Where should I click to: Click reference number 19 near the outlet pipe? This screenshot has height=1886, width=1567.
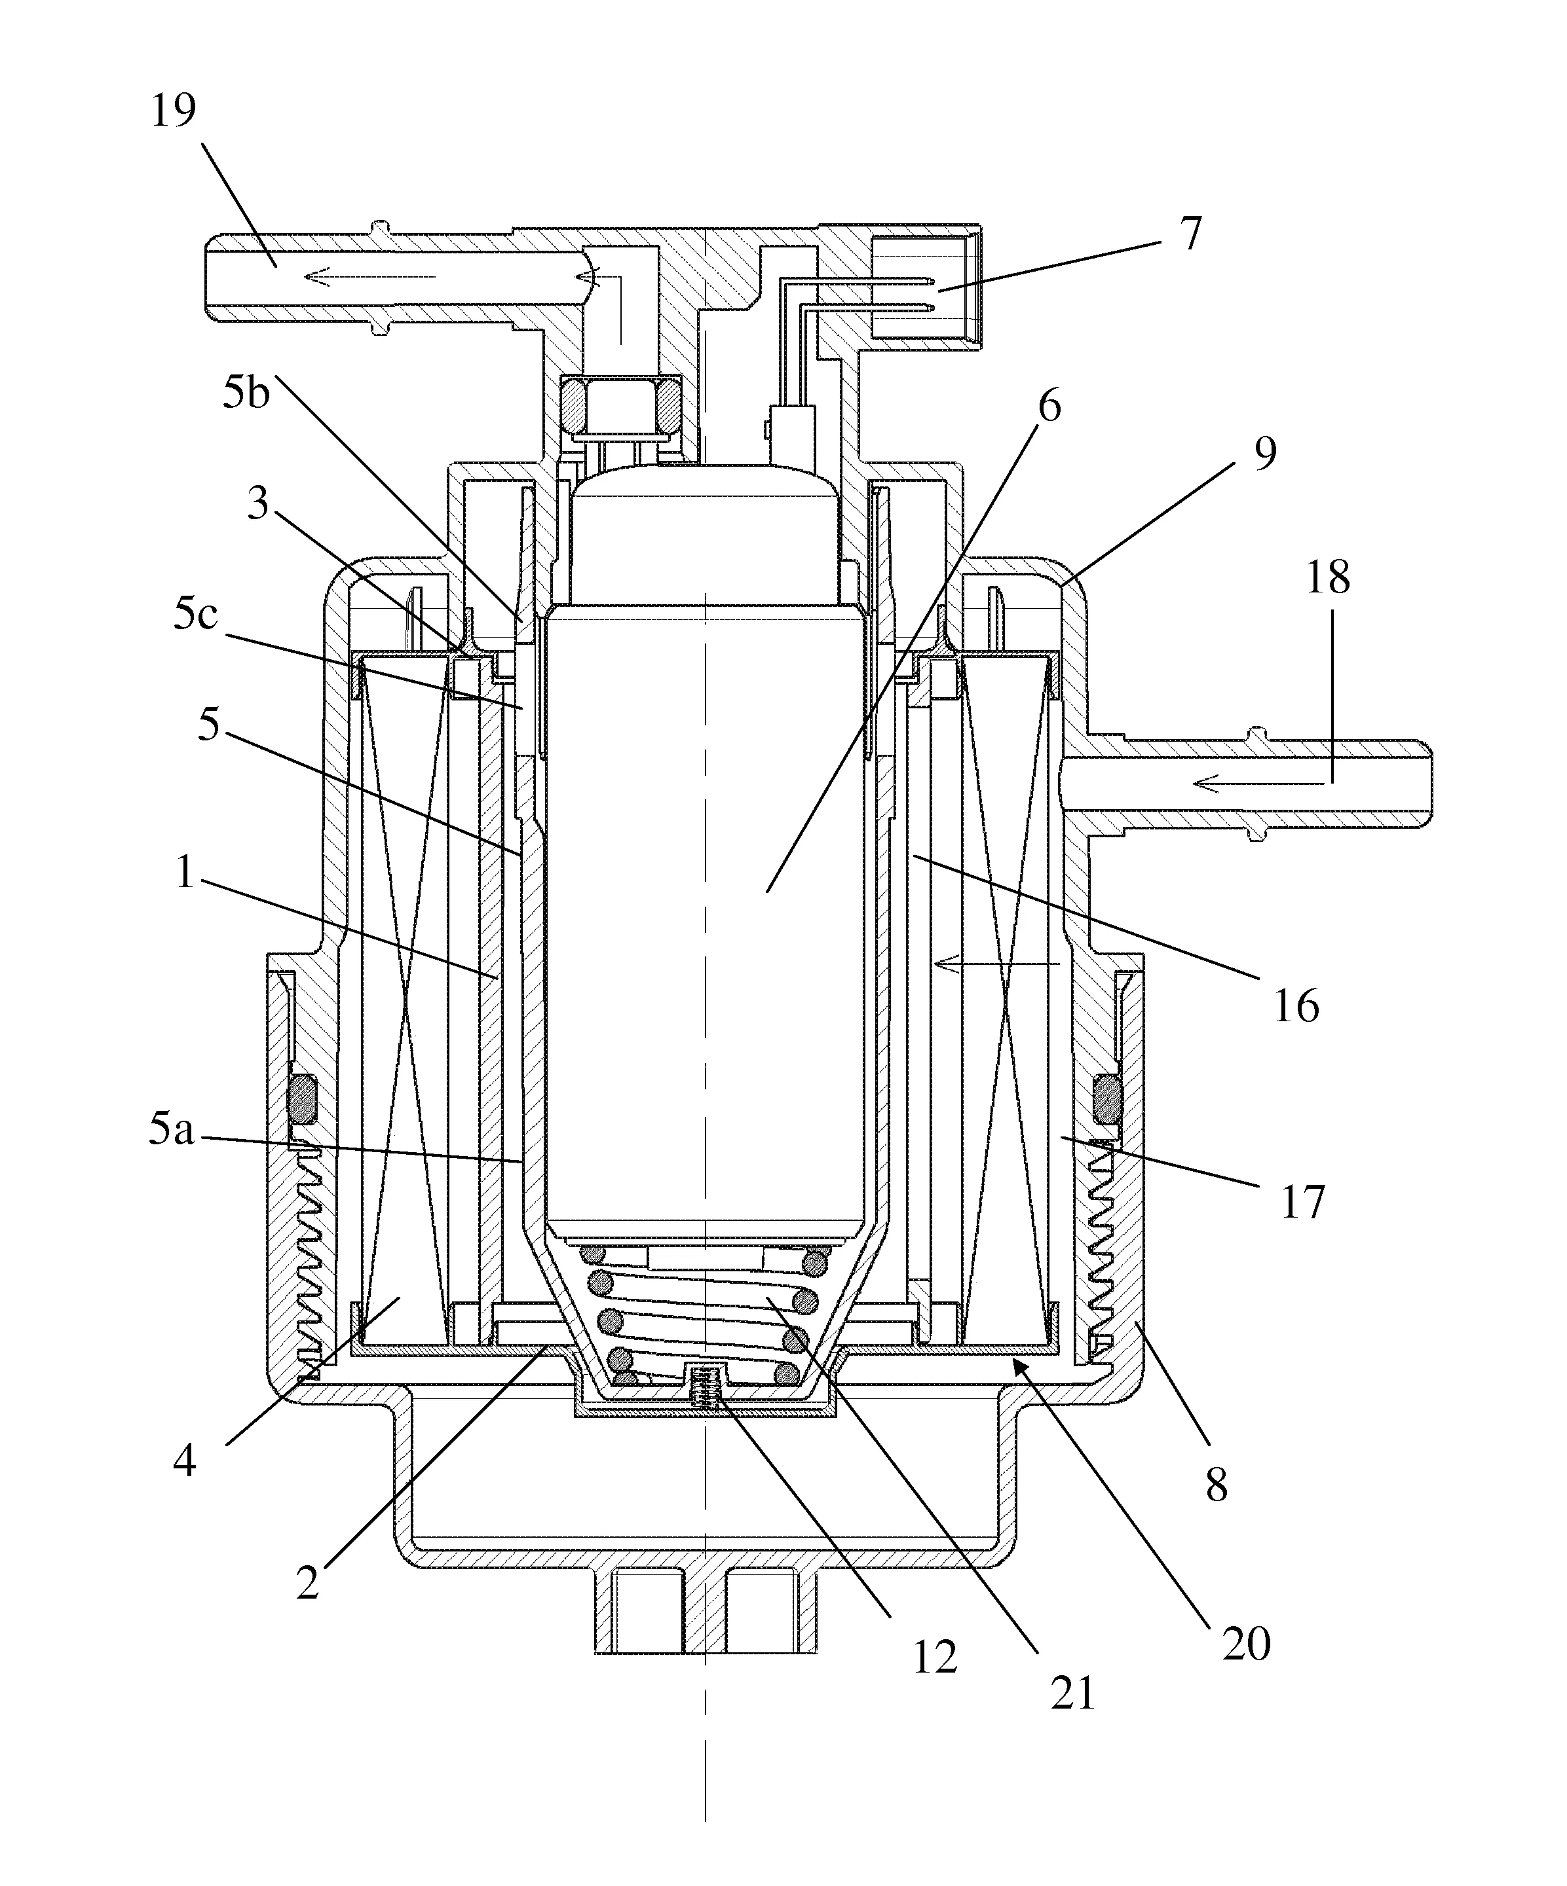(x=174, y=111)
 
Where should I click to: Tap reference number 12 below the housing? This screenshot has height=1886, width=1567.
(x=934, y=1658)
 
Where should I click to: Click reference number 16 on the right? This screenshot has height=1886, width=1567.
(x=1296, y=1007)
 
